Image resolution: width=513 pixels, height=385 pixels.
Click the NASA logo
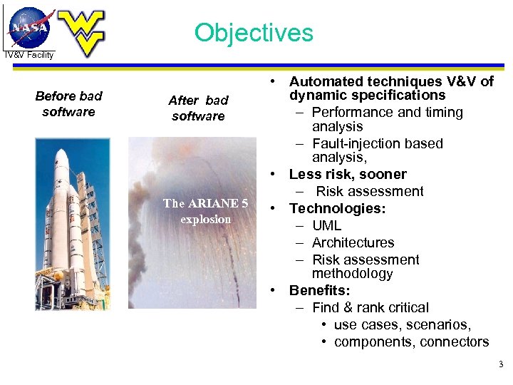coord(30,27)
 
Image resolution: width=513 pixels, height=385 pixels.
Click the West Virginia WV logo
coord(81,32)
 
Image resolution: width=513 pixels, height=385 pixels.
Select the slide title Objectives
coord(254,33)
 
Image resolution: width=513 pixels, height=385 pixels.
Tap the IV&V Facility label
coord(28,55)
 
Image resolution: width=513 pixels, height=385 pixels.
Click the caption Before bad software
coord(68,103)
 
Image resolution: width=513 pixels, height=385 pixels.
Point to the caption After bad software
coord(198,108)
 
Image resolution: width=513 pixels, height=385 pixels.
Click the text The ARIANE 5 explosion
coord(205,211)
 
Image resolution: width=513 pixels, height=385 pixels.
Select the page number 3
coord(500,365)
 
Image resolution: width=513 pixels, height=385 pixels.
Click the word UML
coord(326,225)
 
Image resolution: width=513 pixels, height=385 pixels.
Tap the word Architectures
coord(353,242)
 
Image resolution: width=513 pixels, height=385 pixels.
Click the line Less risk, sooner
coord(348,174)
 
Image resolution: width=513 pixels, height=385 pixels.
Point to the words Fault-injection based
coord(377,143)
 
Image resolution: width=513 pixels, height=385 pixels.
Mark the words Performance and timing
coord(387,112)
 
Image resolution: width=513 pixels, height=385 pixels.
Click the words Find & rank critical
coord(370,307)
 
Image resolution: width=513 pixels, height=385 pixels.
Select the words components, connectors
coord(411,342)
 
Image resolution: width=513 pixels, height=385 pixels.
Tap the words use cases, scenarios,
coord(403,324)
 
